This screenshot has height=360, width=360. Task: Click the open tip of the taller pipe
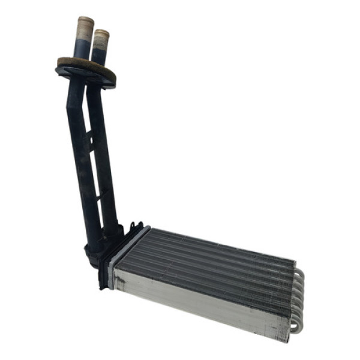pyautogui.click(x=84, y=19)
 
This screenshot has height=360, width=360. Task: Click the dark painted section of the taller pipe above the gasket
pyautogui.click(x=82, y=47)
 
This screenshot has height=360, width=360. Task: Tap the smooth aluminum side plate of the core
pyautogui.click(x=198, y=300)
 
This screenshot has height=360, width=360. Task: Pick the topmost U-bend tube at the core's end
pyautogui.click(x=298, y=273)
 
